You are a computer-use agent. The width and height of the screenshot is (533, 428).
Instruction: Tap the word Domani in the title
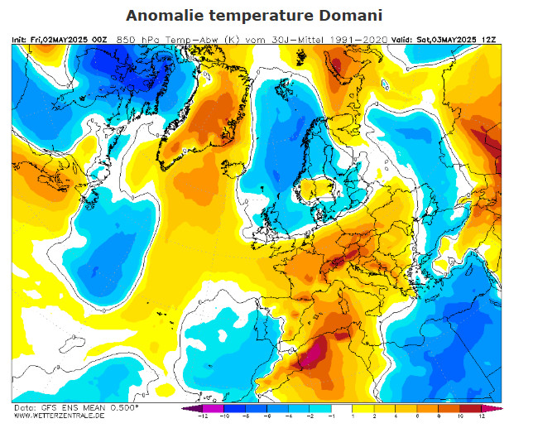[x=358, y=16]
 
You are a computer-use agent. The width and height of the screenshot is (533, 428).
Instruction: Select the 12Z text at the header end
[x=491, y=39]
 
